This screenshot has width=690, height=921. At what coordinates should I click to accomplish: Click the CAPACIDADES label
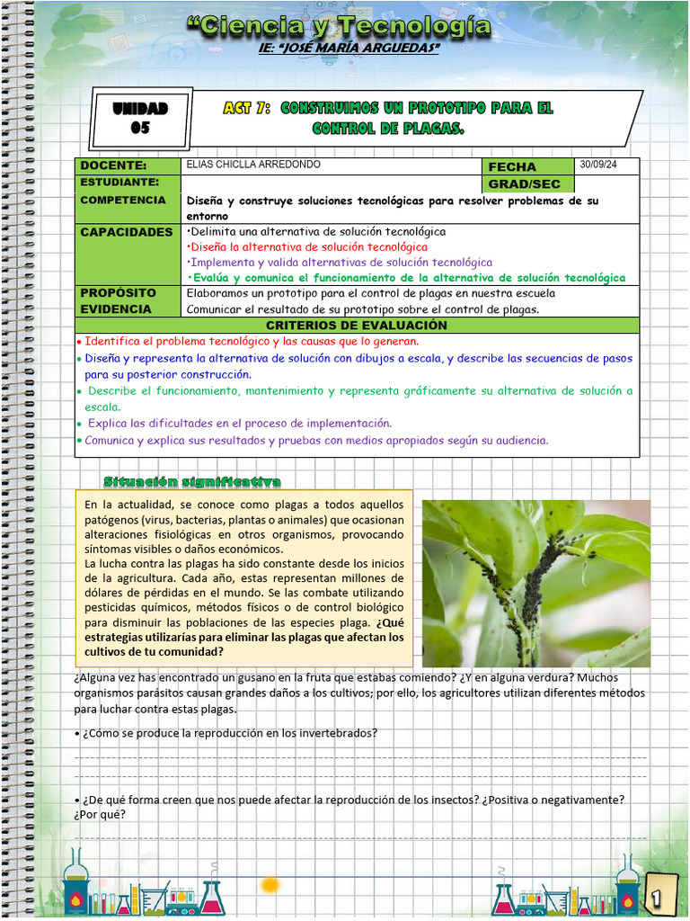[x=127, y=232]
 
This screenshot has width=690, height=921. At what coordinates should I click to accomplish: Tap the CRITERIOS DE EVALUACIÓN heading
[x=357, y=325]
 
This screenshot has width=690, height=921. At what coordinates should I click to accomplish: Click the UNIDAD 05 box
[x=141, y=118]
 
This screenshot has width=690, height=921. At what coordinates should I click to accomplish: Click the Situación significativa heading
[x=192, y=481]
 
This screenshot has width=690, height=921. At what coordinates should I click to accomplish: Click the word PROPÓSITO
[x=118, y=293]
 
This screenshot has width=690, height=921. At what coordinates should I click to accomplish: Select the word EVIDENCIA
[x=116, y=309]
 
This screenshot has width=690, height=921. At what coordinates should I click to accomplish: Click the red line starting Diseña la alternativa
[x=307, y=246]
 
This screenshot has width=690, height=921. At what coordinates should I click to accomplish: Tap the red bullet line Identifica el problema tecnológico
[x=252, y=342]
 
